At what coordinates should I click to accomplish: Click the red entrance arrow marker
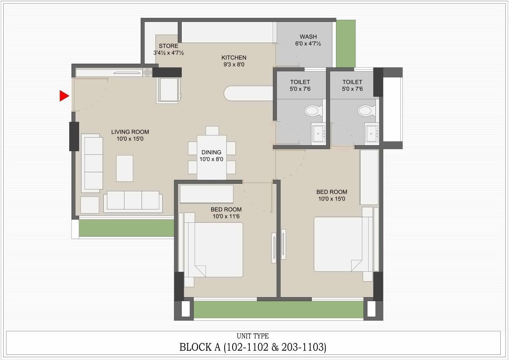point(64,96)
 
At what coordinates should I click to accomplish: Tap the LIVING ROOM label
point(130,132)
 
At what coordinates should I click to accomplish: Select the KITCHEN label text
point(234,58)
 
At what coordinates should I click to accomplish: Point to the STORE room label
point(169,46)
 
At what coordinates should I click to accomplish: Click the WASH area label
point(308,37)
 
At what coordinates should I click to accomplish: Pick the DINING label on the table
point(211,152)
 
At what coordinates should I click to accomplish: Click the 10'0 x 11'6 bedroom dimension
point(226,216)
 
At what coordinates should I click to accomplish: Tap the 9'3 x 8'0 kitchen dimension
point(234,64)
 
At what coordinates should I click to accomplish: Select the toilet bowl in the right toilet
point(365,110)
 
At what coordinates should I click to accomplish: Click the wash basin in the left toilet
point(318,133)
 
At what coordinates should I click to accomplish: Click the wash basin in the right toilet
point(372,134)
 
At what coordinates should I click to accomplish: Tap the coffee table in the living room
point(124,168)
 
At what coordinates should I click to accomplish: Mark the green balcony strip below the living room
point(126,228)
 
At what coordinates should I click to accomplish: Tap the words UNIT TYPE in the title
point(253,336)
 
